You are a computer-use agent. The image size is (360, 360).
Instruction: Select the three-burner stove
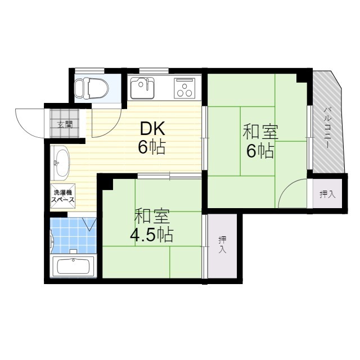point(184,88)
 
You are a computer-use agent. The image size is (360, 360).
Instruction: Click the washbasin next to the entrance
point(60,161)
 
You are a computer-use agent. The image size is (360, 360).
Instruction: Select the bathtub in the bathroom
point(74,265)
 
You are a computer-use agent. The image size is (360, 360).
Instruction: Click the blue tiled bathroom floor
point(73,236)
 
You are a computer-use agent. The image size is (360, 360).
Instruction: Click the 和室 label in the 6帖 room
point(260,132)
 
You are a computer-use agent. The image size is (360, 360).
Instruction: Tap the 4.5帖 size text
point(151,235)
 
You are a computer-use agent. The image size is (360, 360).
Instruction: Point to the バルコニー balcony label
point(326,129)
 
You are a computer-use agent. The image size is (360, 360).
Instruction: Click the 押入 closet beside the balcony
point(327,195)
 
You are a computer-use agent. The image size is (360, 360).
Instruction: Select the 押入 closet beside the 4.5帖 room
point(222,245)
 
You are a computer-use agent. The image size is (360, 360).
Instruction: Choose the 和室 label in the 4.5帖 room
point(151,216)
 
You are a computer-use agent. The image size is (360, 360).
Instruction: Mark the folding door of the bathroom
point(89,224)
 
